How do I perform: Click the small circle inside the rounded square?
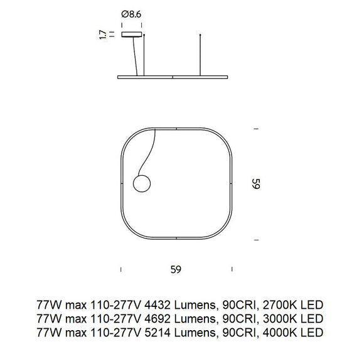point(141,184)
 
